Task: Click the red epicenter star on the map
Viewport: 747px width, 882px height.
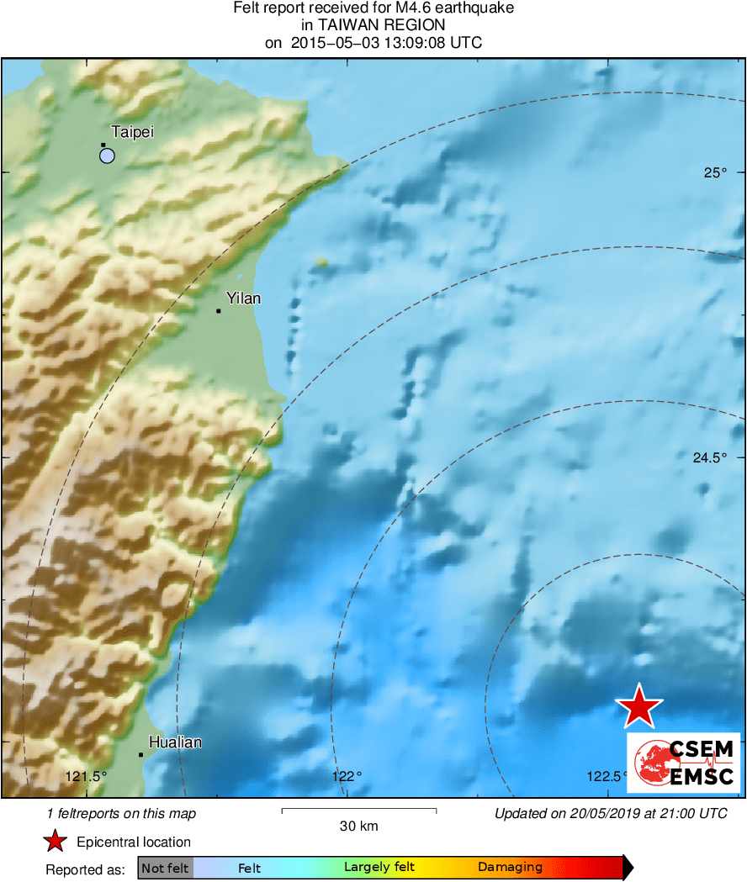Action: (x=639, y=706)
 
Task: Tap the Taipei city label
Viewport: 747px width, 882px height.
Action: (x=132, y=132)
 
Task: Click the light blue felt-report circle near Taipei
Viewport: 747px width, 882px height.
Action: (x=107, y=155)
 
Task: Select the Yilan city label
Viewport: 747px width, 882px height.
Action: (x=244, y=298)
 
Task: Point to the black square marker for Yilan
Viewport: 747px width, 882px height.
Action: (x=219, y=311)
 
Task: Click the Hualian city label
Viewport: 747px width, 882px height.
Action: (x=175, y=742)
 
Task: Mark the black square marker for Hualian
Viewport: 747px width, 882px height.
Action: (x=140, y=754)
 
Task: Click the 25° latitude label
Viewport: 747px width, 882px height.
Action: (x=714, y=173)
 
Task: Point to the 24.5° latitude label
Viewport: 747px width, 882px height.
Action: (x=708, y=458)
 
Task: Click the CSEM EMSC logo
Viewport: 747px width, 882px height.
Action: (x=683, y=763)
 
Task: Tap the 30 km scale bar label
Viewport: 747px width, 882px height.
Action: (x=358, y=827)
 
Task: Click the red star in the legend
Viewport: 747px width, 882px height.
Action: (x=56, y=842)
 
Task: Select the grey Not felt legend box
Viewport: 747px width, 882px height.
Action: (x=165, y=868)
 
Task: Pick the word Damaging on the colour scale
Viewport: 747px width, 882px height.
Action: (x=510, y=868)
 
